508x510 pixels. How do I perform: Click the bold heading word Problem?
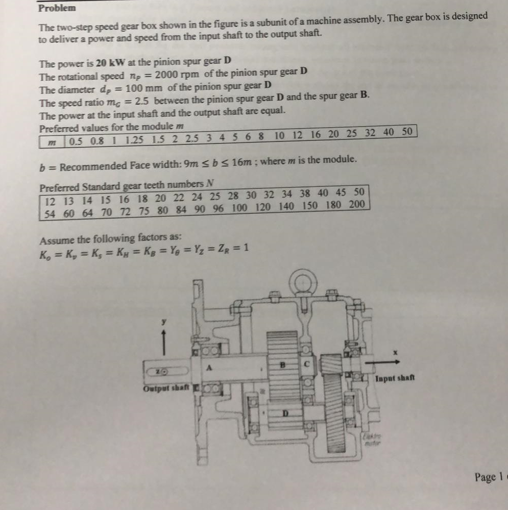(x=57, y=8)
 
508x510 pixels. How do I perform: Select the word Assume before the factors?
(x=57, y=238)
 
